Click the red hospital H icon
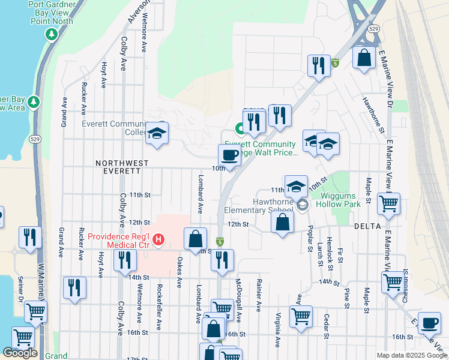point(158,241)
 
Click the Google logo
point(20,353)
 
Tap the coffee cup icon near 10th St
point(229,155)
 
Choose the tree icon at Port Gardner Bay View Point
point(52,34)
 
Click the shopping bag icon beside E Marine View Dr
point(364,58)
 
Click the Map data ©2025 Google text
point(412,355)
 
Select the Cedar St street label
point(326,327)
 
